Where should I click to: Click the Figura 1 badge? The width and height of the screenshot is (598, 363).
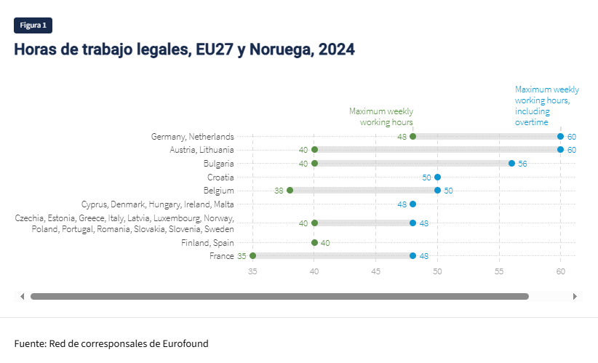coord(33,25)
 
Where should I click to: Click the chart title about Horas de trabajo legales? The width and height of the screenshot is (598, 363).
coord(184,49)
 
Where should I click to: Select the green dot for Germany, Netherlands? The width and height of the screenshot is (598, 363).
coord(412,136)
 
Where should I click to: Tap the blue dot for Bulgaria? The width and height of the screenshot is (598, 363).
coord(511,164)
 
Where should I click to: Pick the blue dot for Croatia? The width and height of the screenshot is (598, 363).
coord(437,177)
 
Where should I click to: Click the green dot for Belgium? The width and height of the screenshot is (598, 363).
coord(290,191)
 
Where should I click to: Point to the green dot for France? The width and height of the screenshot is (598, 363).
coord(252,256)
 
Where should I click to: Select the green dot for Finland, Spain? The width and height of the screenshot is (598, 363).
coord(314,243)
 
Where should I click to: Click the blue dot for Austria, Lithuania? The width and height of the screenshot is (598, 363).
coord(560,150)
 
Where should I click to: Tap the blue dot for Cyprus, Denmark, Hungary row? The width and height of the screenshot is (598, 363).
coord(412,204)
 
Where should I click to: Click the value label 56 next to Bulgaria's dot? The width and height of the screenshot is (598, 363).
coord(522,164)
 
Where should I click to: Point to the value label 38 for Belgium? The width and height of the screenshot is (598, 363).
coord(279,191)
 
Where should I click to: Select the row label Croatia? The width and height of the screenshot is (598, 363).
coord(220,177)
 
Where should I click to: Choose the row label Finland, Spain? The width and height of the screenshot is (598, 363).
coord(207,243)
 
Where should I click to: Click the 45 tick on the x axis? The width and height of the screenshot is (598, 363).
coord(375,271)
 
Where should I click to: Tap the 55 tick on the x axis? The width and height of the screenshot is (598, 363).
coord(499,271)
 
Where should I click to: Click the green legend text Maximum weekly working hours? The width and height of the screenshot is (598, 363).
coord(381,116)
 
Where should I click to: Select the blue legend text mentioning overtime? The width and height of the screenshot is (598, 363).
coord(546,105)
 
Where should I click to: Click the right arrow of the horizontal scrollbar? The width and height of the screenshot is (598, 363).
coord(575,296)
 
